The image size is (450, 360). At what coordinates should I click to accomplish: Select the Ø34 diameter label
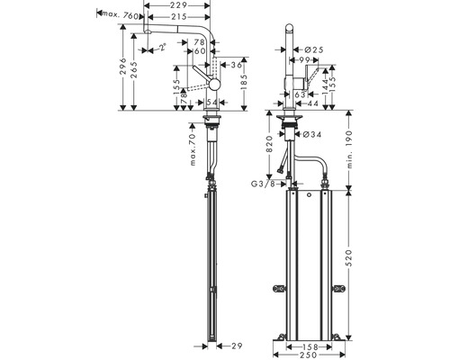click(x=315, y=135)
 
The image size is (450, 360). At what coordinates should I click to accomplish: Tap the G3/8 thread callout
click(x=264, y=184)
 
